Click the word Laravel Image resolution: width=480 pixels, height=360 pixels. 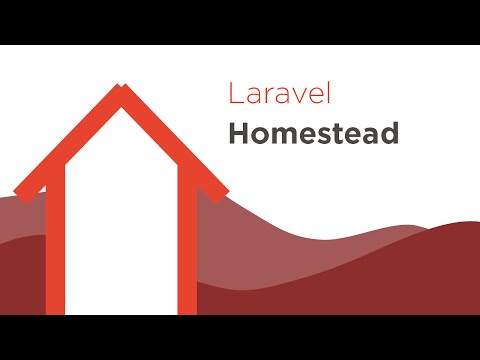(280, 96)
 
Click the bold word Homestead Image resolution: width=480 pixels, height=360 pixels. (313, 134)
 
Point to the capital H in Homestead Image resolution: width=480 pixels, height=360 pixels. (238, 134)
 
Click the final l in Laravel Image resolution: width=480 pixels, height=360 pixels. (327, 96)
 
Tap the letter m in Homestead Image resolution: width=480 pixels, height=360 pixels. (286, 136)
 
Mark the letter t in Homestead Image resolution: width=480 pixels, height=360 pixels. (344, 135)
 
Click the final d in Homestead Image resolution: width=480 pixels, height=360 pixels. (391, 134)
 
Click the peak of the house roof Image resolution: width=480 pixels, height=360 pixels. (122, 92)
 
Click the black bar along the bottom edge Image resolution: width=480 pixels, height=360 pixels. (240, 338)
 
